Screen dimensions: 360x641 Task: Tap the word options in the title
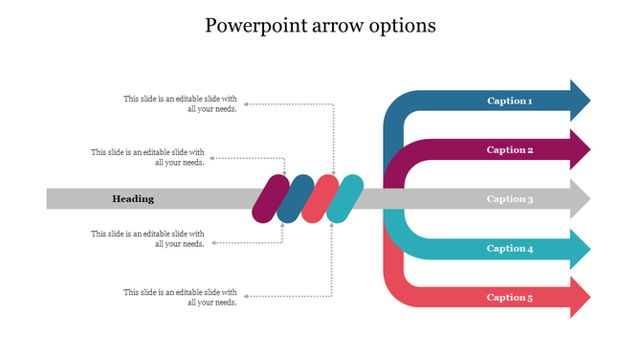[406, 26]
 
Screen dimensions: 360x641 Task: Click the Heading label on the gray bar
[133, 199]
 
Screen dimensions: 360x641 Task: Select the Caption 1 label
[509, 101]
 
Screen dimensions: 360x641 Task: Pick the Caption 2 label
[509, 149]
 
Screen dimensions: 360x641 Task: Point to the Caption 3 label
[509, 199]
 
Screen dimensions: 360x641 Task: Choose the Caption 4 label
[509, 248]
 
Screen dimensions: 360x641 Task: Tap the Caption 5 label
[509, 297]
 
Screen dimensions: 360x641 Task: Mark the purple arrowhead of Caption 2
[579, 149]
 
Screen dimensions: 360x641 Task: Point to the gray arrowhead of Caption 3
[579, 199]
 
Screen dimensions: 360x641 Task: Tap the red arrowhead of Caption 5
[579, 297]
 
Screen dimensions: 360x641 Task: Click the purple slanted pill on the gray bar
[270, 199]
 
